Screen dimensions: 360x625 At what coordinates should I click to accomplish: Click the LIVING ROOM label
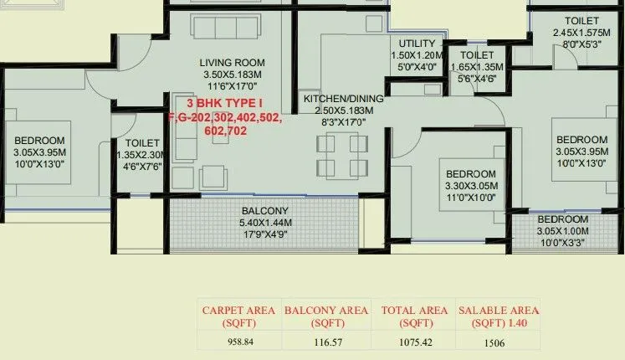coord(232,62)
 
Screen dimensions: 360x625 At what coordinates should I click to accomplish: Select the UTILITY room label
coord(416,44)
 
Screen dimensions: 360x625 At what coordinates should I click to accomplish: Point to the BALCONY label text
coord(265,210)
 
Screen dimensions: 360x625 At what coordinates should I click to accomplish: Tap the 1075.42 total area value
coord(411,342)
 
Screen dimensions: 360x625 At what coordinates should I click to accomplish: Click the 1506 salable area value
coord(494,342)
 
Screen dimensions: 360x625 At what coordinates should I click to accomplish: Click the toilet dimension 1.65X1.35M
coord(476,67)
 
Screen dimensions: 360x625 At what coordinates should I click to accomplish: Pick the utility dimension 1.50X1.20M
coord(416,55)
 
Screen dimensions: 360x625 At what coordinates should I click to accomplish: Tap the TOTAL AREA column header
coord(411,316)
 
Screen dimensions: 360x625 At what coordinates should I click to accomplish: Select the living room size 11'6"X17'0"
coord(232,85)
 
